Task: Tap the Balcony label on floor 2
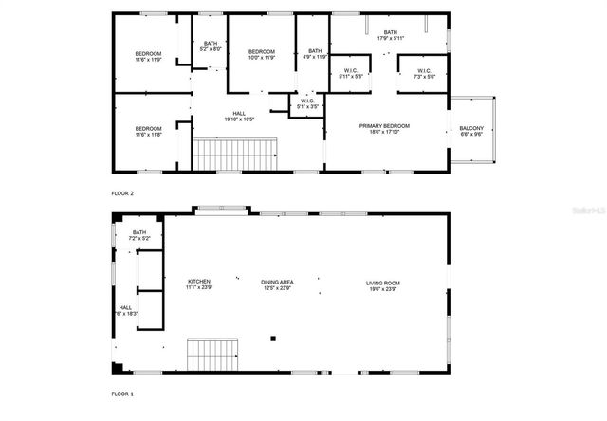(x=471, y=131)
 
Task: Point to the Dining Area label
(x=277, y=284)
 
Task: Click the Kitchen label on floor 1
(x=199, y=284)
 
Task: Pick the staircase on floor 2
(x=234, y=153)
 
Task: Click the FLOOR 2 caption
(x=123, y=192)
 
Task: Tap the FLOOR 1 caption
(x=123, y=393)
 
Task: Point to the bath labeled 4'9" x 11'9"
(x=315, y=53)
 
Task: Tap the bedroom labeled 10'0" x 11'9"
(x=262, y=54)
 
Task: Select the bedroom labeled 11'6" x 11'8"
(x=148, y=132)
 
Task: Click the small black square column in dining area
(x=273, y=338)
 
